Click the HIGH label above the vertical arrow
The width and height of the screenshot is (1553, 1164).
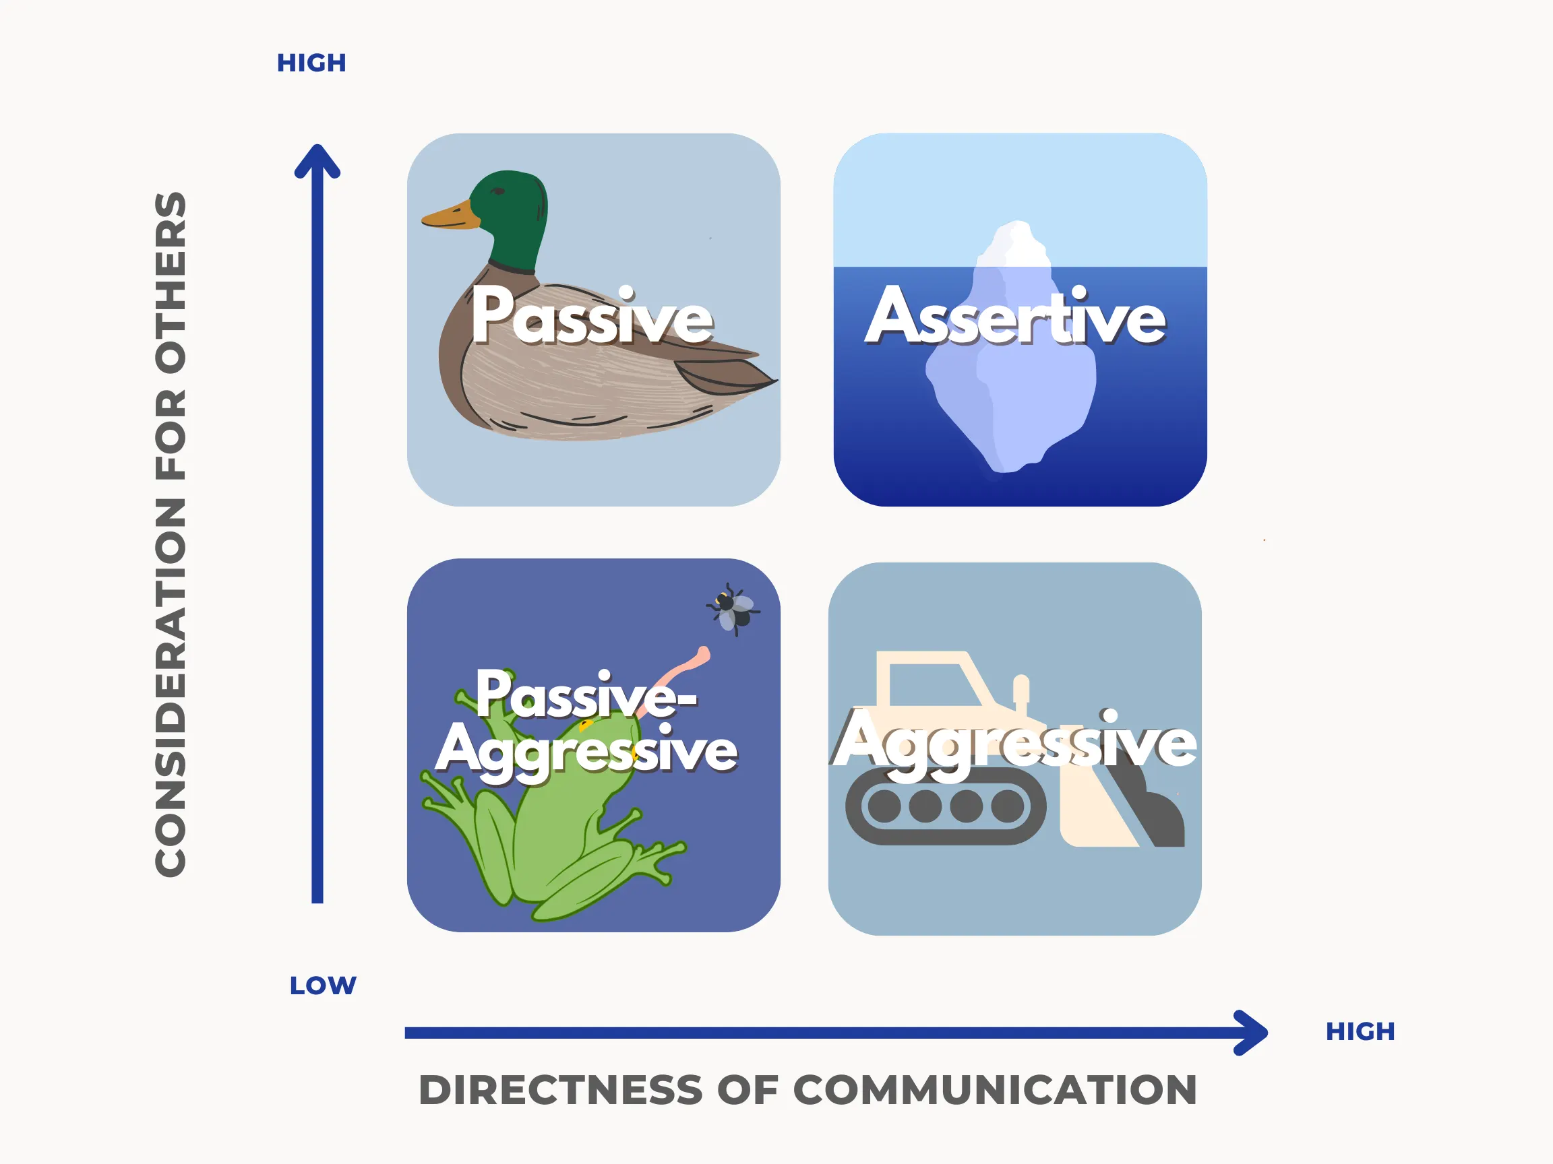click(x=311, y=63)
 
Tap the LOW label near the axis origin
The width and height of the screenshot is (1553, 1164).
click(x=323, y=985)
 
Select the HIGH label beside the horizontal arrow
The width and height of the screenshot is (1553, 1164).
click(x=1360, y=1031)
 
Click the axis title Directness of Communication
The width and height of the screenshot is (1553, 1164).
click(x=808, y=1090)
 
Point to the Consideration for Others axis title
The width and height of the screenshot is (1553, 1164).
click(x=171, y=534)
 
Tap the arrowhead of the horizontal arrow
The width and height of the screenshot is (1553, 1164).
click(x=1251, y=1032)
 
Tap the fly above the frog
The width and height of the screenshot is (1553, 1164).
click(x=733, y=609)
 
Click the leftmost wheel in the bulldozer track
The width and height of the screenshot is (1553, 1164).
click(x=884, y=806)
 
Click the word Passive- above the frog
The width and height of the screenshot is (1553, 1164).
click(x=587, y=694)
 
